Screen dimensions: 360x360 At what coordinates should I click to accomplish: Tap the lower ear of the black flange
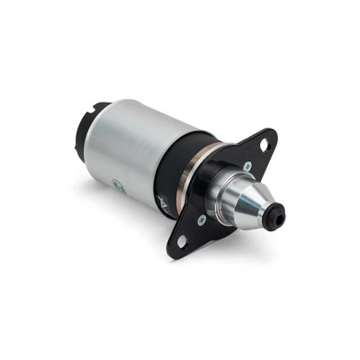click(x=184, y=238)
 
